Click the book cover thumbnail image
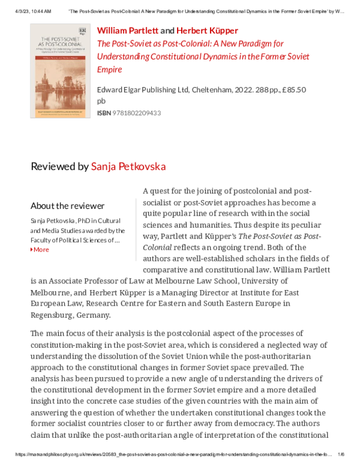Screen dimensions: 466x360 click(58, 71)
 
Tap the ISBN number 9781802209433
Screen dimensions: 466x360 click(137, 113)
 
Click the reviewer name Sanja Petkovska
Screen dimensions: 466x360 click(128, 166)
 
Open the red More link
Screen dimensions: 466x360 click(41, 249)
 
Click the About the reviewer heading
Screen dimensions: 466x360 click(67, 206)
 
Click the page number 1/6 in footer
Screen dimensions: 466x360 click(341, 455)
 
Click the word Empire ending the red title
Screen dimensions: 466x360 click(109, 70)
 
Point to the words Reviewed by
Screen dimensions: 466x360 click(59, 166)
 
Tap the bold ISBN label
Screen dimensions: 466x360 click(104, 113)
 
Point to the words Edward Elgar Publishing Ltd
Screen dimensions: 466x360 click(143, 90)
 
